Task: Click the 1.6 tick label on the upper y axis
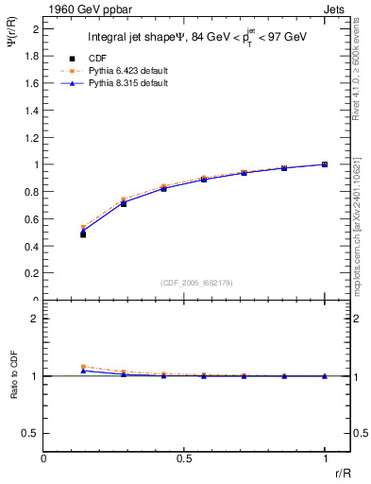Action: (x=32, y=83)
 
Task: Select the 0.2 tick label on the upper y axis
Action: (x=32, y=273)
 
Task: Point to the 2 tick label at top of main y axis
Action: (x=36, y=29)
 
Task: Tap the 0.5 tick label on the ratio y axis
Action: (x=32, y=433)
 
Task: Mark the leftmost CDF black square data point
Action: (x=83, y=234)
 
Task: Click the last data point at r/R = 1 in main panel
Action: (x=325, y=164)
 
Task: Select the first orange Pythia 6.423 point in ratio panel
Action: (x=83, y=367)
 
